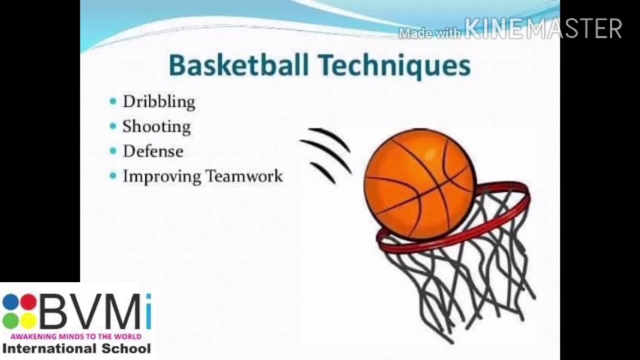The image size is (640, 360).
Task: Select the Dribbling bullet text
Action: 159,102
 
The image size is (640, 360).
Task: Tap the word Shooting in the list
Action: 156,126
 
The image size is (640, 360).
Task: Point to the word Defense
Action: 153,151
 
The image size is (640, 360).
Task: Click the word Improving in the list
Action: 162,176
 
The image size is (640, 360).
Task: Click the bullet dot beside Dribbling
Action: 113,101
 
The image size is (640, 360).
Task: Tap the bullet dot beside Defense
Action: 113,150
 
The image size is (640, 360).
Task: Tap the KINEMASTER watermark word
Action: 543,29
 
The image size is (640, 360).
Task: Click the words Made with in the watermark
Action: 429,33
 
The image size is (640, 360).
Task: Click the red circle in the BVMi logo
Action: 28,302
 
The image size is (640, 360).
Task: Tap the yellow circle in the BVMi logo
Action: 28,320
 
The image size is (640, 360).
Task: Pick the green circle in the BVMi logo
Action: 10,320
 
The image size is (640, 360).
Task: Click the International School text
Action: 76,348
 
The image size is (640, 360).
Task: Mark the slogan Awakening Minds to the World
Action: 76,336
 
